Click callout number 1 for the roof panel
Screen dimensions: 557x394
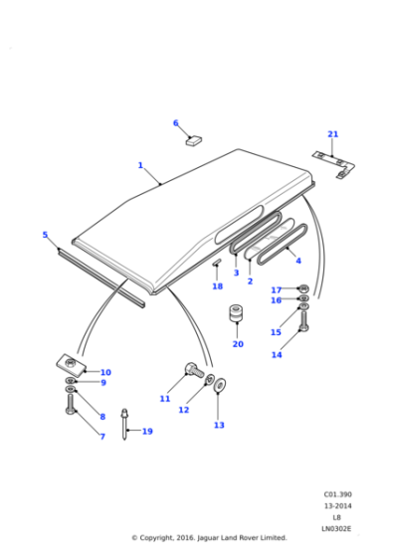tap(140, 165)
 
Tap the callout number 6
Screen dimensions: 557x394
tap(176, 123)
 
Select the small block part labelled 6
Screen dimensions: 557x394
tap(193, 141)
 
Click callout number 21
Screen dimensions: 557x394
tap(333, 134)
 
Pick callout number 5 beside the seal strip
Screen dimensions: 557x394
tap(45, 235)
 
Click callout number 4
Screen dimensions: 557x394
tap(298, 262)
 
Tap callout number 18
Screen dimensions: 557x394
tap(218, 286)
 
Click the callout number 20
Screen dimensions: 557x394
tap(238, 344)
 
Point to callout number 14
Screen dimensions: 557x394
tap(277, 354)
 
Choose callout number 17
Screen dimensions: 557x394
tap(277, 289)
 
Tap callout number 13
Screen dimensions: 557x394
tap(219, 425)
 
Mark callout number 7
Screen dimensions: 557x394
tap(101, 437)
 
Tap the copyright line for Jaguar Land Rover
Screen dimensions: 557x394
tap(209, 537)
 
